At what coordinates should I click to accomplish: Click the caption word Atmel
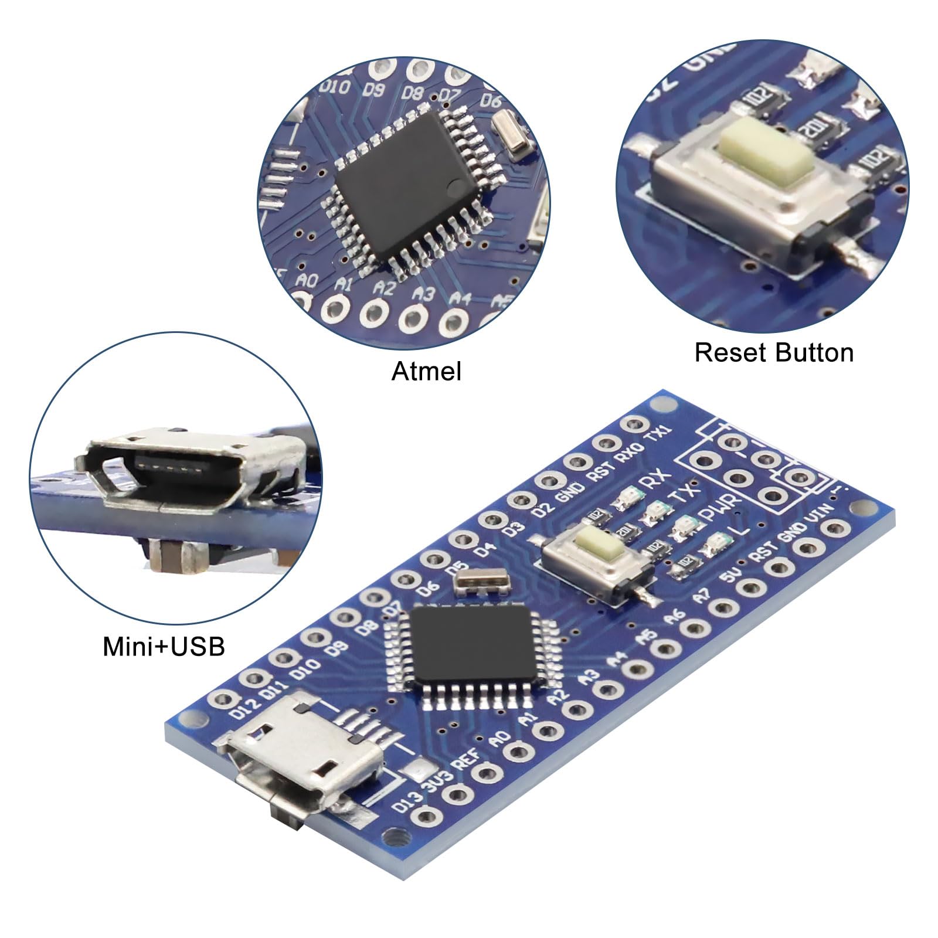coord(426,372)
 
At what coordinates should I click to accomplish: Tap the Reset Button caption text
coord(774,353)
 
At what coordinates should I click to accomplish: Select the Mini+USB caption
coord(164,647)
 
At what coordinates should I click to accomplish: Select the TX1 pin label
coord(657,436)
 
